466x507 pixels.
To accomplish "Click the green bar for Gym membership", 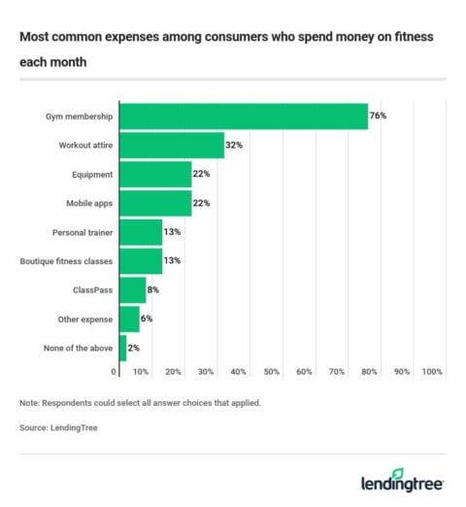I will [243, 117].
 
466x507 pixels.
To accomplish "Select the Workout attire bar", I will [171, 146].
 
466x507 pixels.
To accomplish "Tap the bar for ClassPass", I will [132, 289].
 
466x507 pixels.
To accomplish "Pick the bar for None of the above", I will [122, 347].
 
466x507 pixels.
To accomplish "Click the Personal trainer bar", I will [140, 232].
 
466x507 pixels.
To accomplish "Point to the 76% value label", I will [378, 117].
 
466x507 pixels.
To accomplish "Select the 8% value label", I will [152, 289].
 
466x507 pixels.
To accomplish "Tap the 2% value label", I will [133, 347].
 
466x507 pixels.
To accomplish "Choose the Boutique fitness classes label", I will [67, 261].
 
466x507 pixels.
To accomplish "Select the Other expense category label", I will [84, 319].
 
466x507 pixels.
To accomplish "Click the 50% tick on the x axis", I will [271, 372].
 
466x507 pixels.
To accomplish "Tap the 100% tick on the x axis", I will [432, 372].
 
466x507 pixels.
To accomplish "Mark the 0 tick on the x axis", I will [114, 372].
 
